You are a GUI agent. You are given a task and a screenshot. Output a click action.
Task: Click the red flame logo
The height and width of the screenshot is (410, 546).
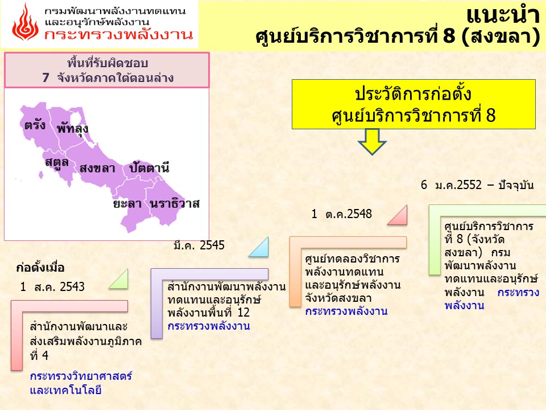point(26,22)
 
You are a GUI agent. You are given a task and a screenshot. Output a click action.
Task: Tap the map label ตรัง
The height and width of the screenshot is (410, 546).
point(35,125)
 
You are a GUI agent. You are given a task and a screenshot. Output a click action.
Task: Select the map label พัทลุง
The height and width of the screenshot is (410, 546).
point(72,128)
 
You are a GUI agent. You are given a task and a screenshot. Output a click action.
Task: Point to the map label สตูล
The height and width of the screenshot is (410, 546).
point(57,163)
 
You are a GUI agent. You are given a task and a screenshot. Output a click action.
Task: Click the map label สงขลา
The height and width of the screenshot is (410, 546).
point(97,169)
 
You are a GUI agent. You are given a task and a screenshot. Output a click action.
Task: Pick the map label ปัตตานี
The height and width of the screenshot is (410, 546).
point(149,167)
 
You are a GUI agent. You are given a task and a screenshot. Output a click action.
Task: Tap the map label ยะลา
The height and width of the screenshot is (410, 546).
point(127,204)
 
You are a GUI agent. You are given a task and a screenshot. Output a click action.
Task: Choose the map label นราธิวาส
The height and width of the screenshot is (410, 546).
point(175,203)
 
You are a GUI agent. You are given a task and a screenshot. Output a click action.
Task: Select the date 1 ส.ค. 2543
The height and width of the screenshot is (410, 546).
point(52,286)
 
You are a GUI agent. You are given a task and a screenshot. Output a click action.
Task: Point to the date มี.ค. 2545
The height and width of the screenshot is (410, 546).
point(199,245)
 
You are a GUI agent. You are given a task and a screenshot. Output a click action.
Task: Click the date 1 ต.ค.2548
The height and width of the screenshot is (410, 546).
point(342,214)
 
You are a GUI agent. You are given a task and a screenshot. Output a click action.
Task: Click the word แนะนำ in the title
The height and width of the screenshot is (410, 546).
point(503,15)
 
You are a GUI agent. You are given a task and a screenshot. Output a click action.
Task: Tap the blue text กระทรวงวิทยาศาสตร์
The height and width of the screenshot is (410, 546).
point(81,376)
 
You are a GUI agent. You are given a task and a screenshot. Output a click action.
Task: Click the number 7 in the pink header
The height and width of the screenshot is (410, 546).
point(45,77)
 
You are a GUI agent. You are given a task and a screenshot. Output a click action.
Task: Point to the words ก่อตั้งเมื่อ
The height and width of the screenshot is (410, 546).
point(40,268)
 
